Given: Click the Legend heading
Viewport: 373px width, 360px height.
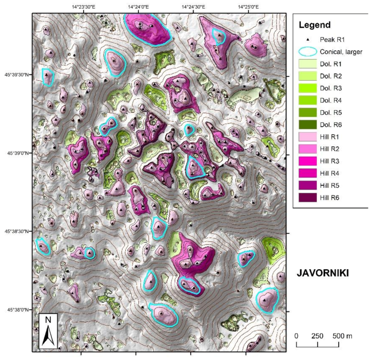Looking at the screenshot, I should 314,25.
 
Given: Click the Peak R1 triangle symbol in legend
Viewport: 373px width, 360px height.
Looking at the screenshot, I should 308,40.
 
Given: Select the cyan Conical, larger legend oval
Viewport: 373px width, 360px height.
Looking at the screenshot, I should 308,52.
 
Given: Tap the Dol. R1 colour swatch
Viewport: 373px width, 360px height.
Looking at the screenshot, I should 308,64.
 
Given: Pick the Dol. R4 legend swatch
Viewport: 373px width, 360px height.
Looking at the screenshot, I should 308,101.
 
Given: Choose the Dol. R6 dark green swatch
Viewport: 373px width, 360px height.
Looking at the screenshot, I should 308,125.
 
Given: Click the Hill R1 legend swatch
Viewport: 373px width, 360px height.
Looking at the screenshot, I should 308,137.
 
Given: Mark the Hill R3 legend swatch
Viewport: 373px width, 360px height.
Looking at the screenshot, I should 308,161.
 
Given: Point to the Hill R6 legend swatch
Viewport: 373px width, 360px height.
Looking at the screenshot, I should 308,197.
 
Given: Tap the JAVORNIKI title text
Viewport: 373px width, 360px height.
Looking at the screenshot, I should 322,273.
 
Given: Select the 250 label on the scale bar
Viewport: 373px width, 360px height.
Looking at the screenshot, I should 317,336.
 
